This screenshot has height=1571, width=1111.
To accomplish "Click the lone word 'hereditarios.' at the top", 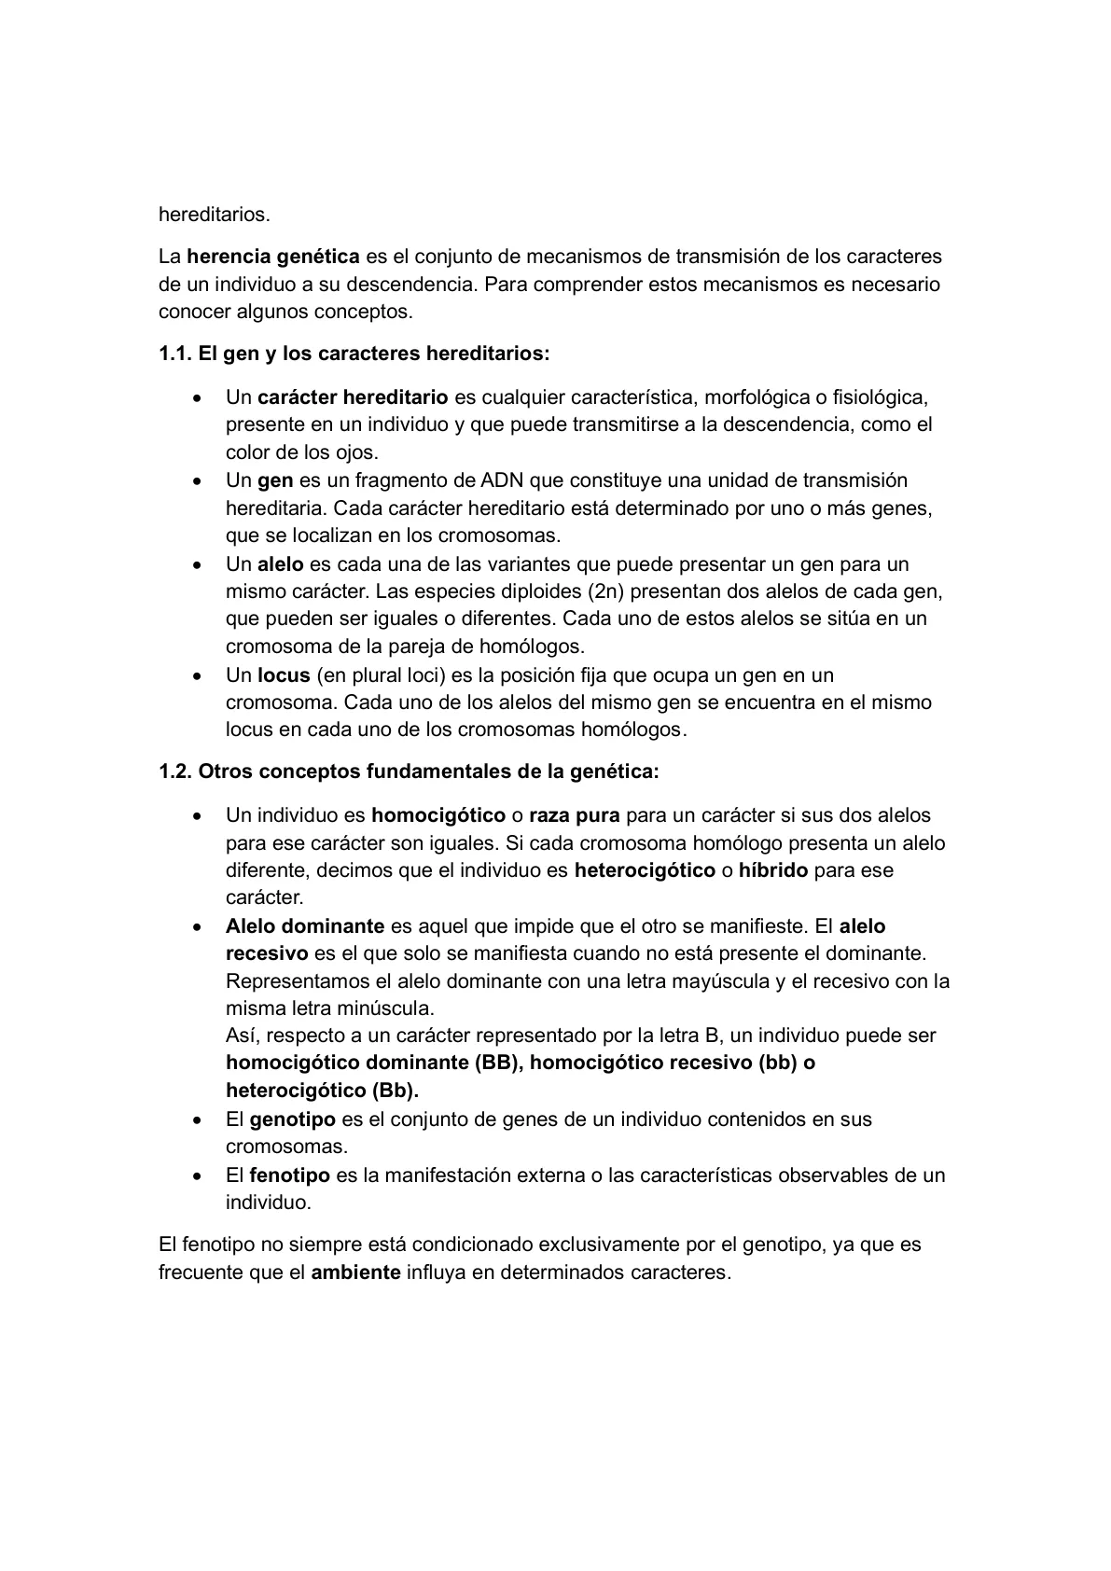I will tap(215, 215).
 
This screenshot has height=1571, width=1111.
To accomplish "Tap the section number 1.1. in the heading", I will tap(175, 355).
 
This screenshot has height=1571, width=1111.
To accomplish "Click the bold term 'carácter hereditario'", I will tap(353, 397).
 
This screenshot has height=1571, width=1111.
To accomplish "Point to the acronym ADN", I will tap(504, 480).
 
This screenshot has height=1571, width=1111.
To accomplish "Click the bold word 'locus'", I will tap(284, 674).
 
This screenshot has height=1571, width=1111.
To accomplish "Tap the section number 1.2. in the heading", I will tap(175, 772).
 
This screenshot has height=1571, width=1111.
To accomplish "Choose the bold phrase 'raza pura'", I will tap(575, 815).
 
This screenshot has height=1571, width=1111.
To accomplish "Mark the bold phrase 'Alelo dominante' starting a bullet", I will tap(305, 926).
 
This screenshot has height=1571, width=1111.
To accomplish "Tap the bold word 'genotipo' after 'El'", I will tap(293, 1119).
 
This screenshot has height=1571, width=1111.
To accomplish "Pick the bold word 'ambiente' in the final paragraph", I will tap(355, 1272).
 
